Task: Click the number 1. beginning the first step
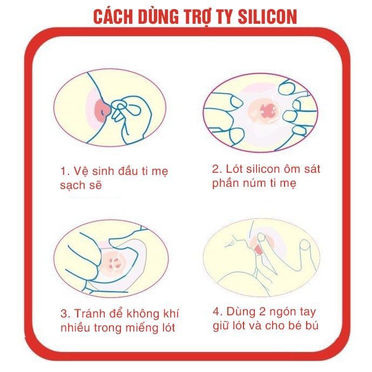(x=65, y=172)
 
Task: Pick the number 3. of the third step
(x=65, y=314)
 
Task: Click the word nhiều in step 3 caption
(x=75, y=328)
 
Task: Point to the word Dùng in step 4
(x=241, y=312)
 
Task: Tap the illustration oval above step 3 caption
(x=110, y=254)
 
